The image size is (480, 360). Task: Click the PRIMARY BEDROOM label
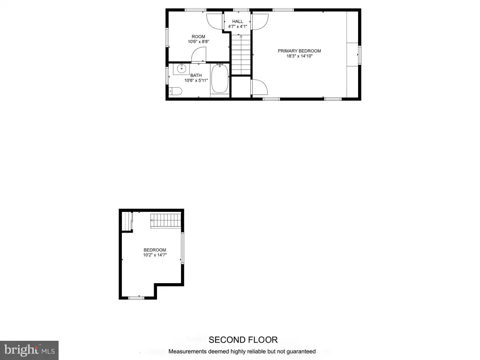(299, 51)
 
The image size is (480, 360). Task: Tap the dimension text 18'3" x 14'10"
(299, 56)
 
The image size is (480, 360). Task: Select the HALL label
(238, 22)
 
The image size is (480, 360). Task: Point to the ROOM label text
(198, 37)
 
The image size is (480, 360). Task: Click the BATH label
(196, 75)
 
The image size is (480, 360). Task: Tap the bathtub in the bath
(220, 79)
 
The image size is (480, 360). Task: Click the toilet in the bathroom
(175, 91)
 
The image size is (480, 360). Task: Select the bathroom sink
(181, 69)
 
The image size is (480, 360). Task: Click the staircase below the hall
(241, 54)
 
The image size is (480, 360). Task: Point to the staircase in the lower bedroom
(165, 220)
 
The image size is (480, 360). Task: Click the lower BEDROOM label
(155, 250)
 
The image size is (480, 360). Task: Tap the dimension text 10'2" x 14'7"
(155, 255)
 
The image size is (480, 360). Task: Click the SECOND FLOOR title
(243, 340)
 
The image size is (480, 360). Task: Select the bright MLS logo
(30, 350)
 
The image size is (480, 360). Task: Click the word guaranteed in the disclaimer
(300, 352)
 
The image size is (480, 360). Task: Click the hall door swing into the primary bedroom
(260, 22)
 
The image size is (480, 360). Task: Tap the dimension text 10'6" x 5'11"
(196, 81)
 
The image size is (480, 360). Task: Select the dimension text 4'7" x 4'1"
(238, 27)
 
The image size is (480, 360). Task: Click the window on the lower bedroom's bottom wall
(136, 298)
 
